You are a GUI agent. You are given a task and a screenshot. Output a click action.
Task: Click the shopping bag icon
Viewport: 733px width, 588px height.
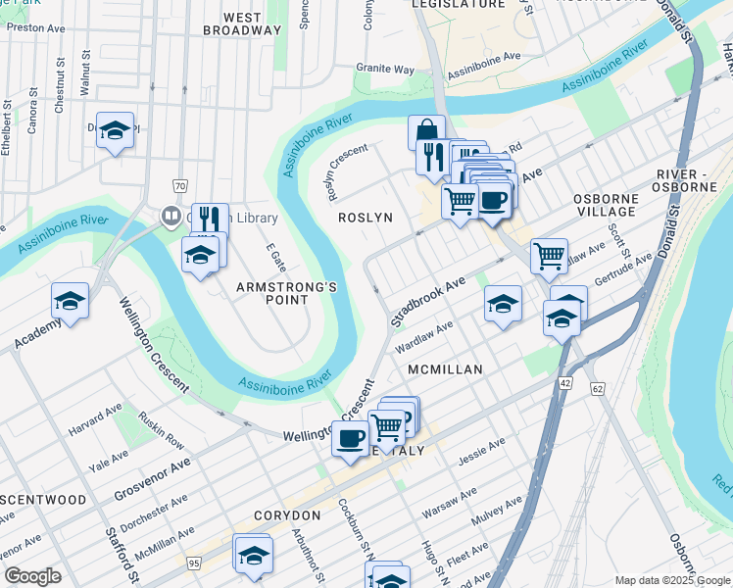tap(426, 131)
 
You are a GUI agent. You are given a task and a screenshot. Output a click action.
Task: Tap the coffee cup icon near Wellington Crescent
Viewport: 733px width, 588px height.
tap(350, 438)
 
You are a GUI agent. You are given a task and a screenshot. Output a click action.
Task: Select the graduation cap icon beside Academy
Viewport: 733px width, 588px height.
tap(70, 300)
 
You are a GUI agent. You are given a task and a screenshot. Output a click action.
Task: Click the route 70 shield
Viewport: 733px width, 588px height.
tap(179, 185)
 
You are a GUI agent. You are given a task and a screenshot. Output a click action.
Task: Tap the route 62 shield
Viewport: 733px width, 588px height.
tap(598, 390)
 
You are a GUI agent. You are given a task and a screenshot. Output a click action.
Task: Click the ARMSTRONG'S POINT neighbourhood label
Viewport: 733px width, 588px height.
tap(286, 293)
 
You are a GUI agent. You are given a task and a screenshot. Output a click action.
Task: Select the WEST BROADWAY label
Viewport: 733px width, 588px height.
tap(242, 24)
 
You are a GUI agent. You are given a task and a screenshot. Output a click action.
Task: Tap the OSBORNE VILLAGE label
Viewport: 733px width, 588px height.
tap(606, 205)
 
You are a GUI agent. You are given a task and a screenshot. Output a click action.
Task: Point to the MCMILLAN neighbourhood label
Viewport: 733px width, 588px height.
tap(446, 369)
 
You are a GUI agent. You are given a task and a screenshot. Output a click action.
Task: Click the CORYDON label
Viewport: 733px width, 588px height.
tap(287, 515)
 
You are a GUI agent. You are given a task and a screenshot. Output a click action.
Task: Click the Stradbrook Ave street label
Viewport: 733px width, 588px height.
tap(427, 300)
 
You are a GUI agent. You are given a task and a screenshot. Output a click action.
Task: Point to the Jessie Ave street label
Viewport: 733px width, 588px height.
tap(481, 451)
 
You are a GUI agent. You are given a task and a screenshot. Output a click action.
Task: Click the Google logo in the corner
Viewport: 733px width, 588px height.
tap(32, 576)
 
